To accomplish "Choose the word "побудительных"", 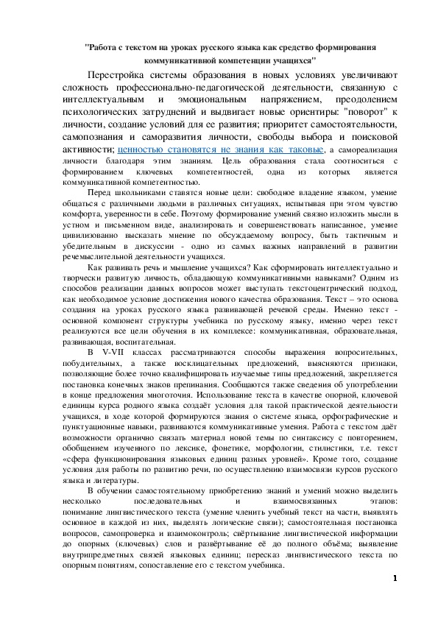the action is [90, 364].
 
